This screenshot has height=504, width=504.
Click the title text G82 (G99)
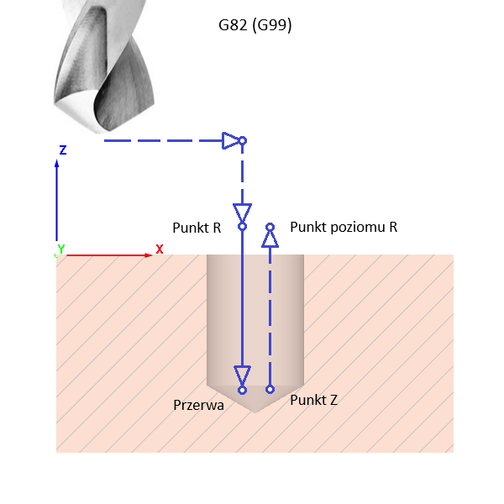[x=255, y=26]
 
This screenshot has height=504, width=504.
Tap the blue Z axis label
[x=63, y=150]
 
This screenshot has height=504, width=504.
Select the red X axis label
[x=159, y=249]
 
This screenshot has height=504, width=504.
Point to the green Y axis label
[x=60, y=249]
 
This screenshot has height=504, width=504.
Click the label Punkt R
[x=196, y=228]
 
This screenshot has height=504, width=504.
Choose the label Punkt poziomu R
[x=343, y=227]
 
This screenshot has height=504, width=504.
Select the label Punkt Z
[x=313, y=400]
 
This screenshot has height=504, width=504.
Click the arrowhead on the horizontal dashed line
[x=231, y=140]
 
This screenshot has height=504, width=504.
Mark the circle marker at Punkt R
[x=242, y=226]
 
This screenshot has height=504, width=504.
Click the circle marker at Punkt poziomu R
[x=270, y=227]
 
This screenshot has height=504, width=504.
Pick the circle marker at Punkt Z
[x=270, y=389]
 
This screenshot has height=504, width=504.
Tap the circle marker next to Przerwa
[x=242, y=390]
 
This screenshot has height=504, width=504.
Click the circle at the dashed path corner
[x=242, y=140]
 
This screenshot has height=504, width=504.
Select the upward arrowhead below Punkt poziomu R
[x=270, y=239]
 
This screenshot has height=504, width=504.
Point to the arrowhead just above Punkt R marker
[x=242, y=212]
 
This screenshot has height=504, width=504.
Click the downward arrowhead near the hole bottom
[x=242, y=375]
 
